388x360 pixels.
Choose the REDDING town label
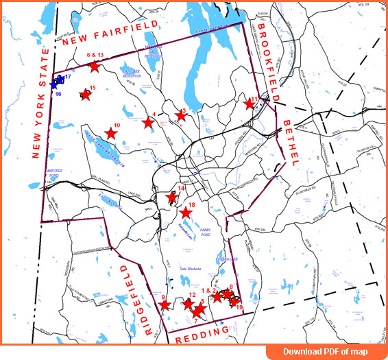[x=202, y=334]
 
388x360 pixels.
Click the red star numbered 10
[x=110, y=134]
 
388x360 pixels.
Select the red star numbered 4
[x=148, y=122]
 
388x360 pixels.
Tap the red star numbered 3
[x=181, y=115]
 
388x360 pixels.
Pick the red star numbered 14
[x=172, y=197]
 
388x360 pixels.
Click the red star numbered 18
[x=185, y=213]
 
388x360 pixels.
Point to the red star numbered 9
[x=164, y=306]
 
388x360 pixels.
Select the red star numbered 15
[x=85, y=95]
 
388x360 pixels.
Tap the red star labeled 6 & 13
[x=95, y=67]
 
